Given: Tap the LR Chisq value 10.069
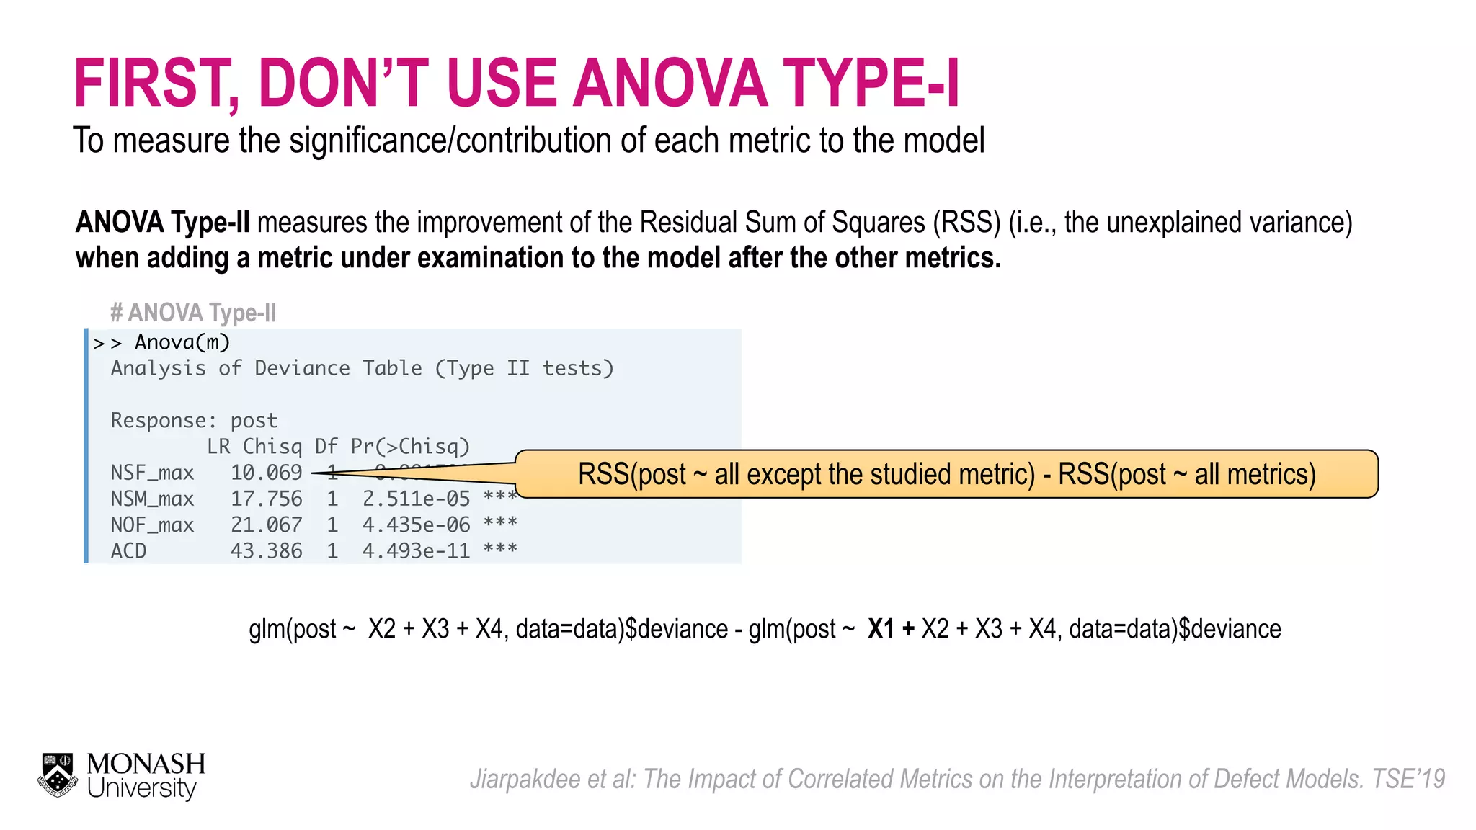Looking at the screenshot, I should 266,473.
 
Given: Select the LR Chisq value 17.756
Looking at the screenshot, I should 266,499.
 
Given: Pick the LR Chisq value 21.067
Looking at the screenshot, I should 266,525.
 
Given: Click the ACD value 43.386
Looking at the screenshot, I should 266,551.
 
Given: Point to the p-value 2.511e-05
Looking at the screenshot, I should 416,499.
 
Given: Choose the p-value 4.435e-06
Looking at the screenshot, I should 416,525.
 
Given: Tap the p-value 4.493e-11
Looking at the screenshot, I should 416,551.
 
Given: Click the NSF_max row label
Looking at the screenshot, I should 152,473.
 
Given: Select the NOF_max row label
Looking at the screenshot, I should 152,525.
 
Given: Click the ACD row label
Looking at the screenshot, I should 128,551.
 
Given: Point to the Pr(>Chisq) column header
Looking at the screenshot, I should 410,447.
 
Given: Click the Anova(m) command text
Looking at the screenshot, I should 182,342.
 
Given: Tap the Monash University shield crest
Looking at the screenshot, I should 58,775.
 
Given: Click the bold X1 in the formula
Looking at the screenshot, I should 881,629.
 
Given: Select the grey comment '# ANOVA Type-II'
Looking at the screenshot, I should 192,313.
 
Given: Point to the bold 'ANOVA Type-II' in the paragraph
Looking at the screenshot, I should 162,223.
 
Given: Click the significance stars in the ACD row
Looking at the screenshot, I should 500,550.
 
